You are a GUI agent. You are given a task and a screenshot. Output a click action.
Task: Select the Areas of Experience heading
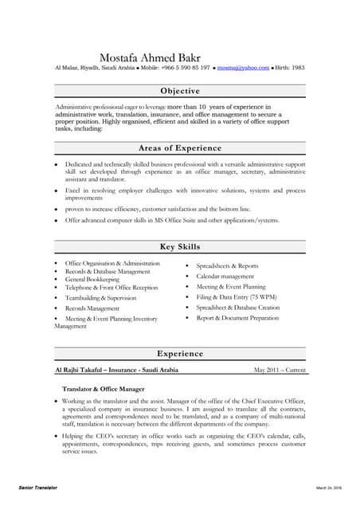[179, 147]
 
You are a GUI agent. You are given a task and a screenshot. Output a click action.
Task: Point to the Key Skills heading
[179, 247]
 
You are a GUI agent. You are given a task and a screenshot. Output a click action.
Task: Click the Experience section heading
[179, 353]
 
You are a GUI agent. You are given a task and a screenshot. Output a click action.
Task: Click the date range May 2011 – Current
[280, 371]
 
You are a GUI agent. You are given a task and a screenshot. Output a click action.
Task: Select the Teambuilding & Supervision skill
[102, 297]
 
